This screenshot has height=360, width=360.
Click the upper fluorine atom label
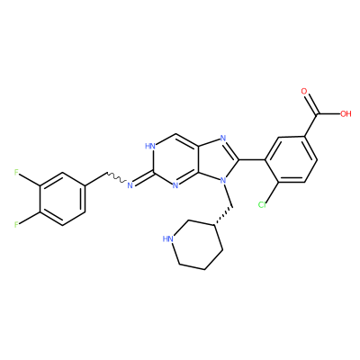(x=16, y=172)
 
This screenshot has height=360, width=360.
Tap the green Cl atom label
(x=262, y=205)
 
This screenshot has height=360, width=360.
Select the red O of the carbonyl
(x=304, y=92)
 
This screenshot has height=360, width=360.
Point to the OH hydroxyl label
(x=346, y=114)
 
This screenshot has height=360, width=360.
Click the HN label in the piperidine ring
(x=168, y=238)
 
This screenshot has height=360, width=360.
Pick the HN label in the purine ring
(x=150, y=147)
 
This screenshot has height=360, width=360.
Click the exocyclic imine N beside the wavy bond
(x=130, y=185)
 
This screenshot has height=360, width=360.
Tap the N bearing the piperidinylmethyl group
(x=222, y=180)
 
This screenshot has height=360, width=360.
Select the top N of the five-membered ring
(x=222, y=139)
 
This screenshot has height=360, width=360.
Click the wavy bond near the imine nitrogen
(x=117, y=178)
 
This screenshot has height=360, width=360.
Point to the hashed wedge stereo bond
(x=223, y=216)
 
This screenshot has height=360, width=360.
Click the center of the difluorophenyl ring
(x=62, y=199)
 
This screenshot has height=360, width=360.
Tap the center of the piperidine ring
(x=197, y=245)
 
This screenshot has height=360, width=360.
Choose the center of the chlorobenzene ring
(x=291, y=159)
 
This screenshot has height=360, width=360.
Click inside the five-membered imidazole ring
(x=219, y=159)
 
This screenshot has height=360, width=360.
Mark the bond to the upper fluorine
(x=29, y=179)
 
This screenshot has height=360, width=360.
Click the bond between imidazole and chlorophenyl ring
(x=252, y=159)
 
